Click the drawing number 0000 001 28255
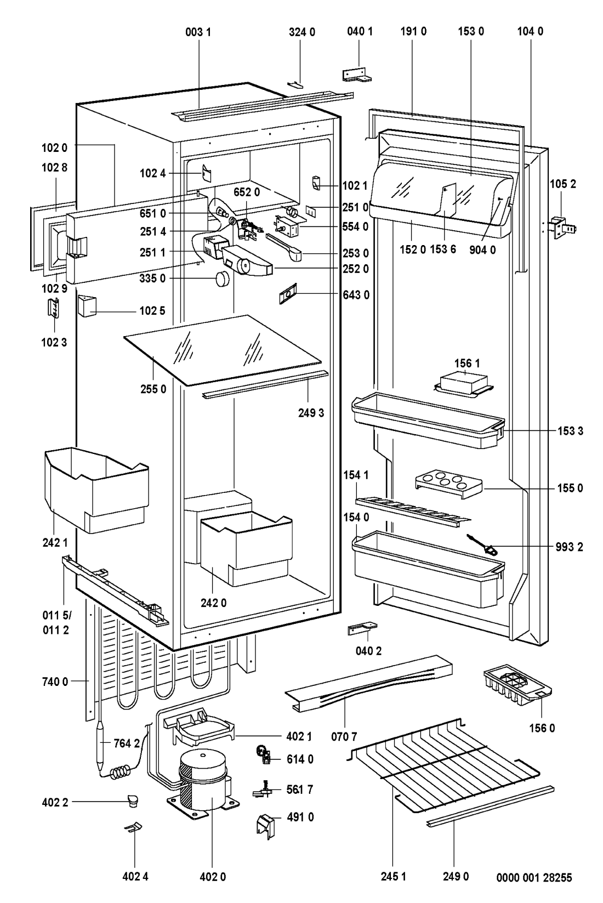point(534,878)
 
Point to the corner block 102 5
point(87,305)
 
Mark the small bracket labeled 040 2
point(362,628)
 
